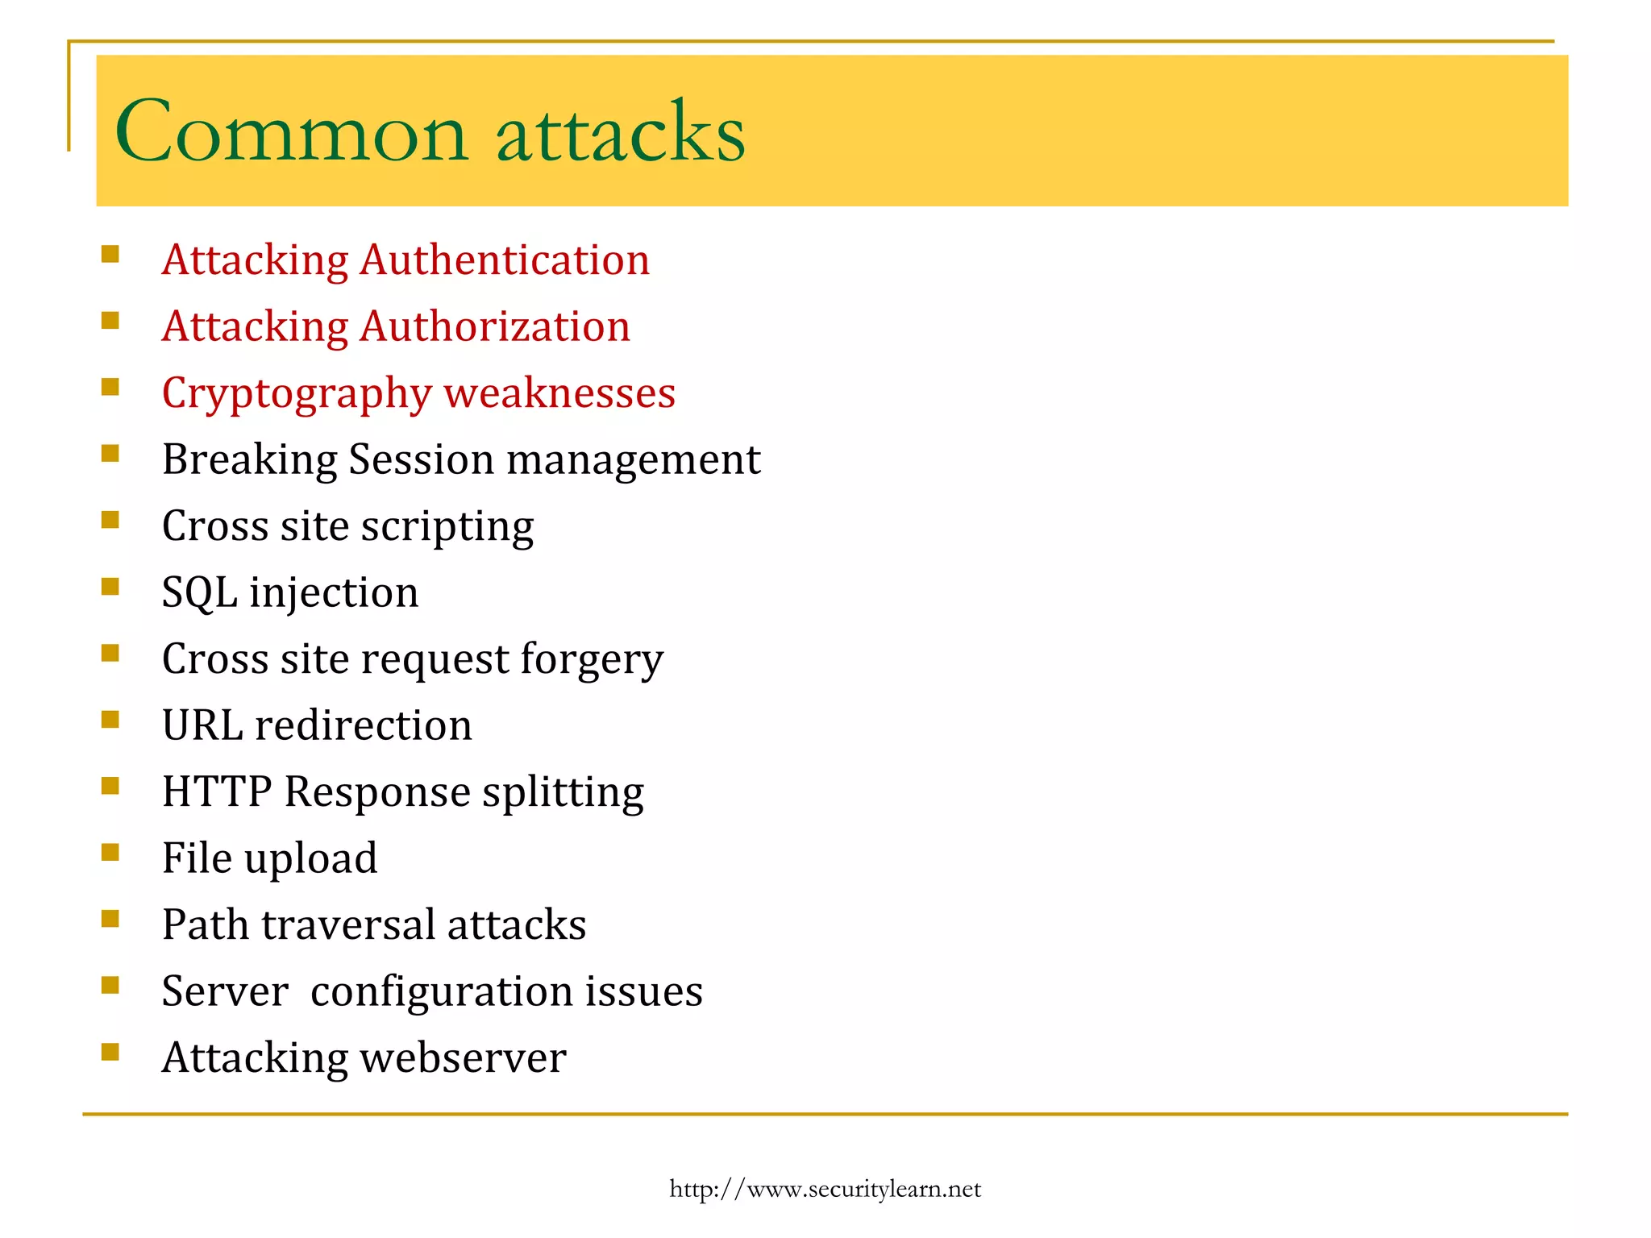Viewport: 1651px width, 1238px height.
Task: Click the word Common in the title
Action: coord(291,132)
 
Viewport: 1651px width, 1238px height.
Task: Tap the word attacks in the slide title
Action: coord(621,132)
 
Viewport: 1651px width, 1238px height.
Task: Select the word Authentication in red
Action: coord(505,260)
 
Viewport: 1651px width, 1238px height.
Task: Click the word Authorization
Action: coord(495,327)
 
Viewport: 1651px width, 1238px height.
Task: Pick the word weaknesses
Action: coord(559,393)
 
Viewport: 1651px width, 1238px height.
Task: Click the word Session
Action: coord(421,460)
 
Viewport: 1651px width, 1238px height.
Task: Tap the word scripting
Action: coord(447,527)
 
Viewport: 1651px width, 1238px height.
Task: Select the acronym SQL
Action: coord(199,593)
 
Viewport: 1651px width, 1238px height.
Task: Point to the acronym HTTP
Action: coord(216,791)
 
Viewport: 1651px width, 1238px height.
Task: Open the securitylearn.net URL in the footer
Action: coord(825,1190)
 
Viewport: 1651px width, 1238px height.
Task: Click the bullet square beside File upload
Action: coord(110,852)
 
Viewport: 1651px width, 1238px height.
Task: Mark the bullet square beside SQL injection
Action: coord(110,586)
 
